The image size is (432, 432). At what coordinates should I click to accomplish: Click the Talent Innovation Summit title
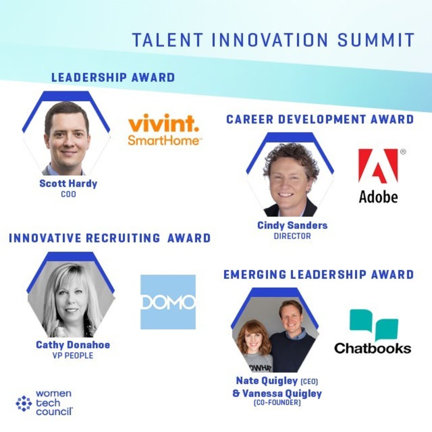pyautogui.click(x=273, y=40)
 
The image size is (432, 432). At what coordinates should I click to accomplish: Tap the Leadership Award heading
pyautogui.click(x=113, y=77)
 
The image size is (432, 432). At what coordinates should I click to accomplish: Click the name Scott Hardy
pyautogui.click(x=68, y=184)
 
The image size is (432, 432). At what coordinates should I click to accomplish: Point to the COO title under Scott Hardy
pyautogui.click(x=68, y=194)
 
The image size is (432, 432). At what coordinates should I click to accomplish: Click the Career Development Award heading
pyautogui.click(x=320, y=119)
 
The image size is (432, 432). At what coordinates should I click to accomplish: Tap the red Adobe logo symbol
pyautogui.click(x=378, y=166)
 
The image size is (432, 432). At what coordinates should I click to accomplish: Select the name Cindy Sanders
pyautogui.click(x=292, y=226)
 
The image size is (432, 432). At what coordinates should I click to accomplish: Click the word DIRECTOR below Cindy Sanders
pyautogui.click(x=292, y=236)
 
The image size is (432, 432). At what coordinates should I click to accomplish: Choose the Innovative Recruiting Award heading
pyautogui.click(x=110, y=238)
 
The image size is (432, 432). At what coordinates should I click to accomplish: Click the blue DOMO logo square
pyautogui.click(x=168, y=302)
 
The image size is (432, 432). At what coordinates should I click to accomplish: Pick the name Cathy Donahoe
pyautogui.click(x=73, y=345)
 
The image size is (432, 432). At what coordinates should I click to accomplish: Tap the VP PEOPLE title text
pyautogui.click(x=73, y=356)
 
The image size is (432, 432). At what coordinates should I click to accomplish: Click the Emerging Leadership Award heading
pyautogui.click(x=318, y=275)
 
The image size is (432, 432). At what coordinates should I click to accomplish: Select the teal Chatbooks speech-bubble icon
pyautogui.click(x=374, y=325)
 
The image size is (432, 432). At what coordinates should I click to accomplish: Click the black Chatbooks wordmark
pyautogui.click(x=373, y=348)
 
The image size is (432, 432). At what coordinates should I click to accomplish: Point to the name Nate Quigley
pyautogui.click(x=266, y=381)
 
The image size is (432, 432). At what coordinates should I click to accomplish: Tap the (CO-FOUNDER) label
pyautogui.click(x=277, y=403)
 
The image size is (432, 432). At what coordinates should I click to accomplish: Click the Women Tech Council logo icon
pyautogui.click(x=24, y=404)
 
